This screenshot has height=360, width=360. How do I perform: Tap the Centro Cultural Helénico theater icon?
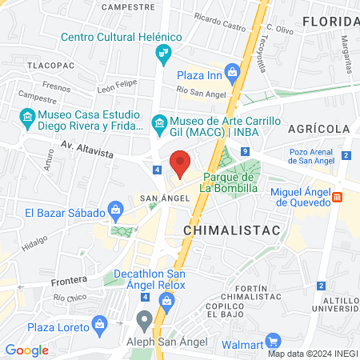pyautogui.click(x=165, y=54)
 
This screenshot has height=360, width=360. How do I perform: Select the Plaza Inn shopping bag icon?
pyautogui.click(x=233, y=74)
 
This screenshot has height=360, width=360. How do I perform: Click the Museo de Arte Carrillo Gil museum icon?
pyautogui.click(x=158, y=122)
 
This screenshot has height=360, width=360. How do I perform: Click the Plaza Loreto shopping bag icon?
pyautogui.click(x=100, y=323)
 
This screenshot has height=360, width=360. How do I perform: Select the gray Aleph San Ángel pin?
pyautogui.click(x=144, y=321)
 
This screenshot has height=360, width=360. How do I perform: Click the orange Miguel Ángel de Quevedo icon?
pyautogui.click(x=338, y=197)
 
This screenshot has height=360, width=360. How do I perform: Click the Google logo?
pyautogui.click(x=27, y=350)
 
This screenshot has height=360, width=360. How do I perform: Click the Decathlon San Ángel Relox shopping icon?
pyautogui.click(x=167, y=300)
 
